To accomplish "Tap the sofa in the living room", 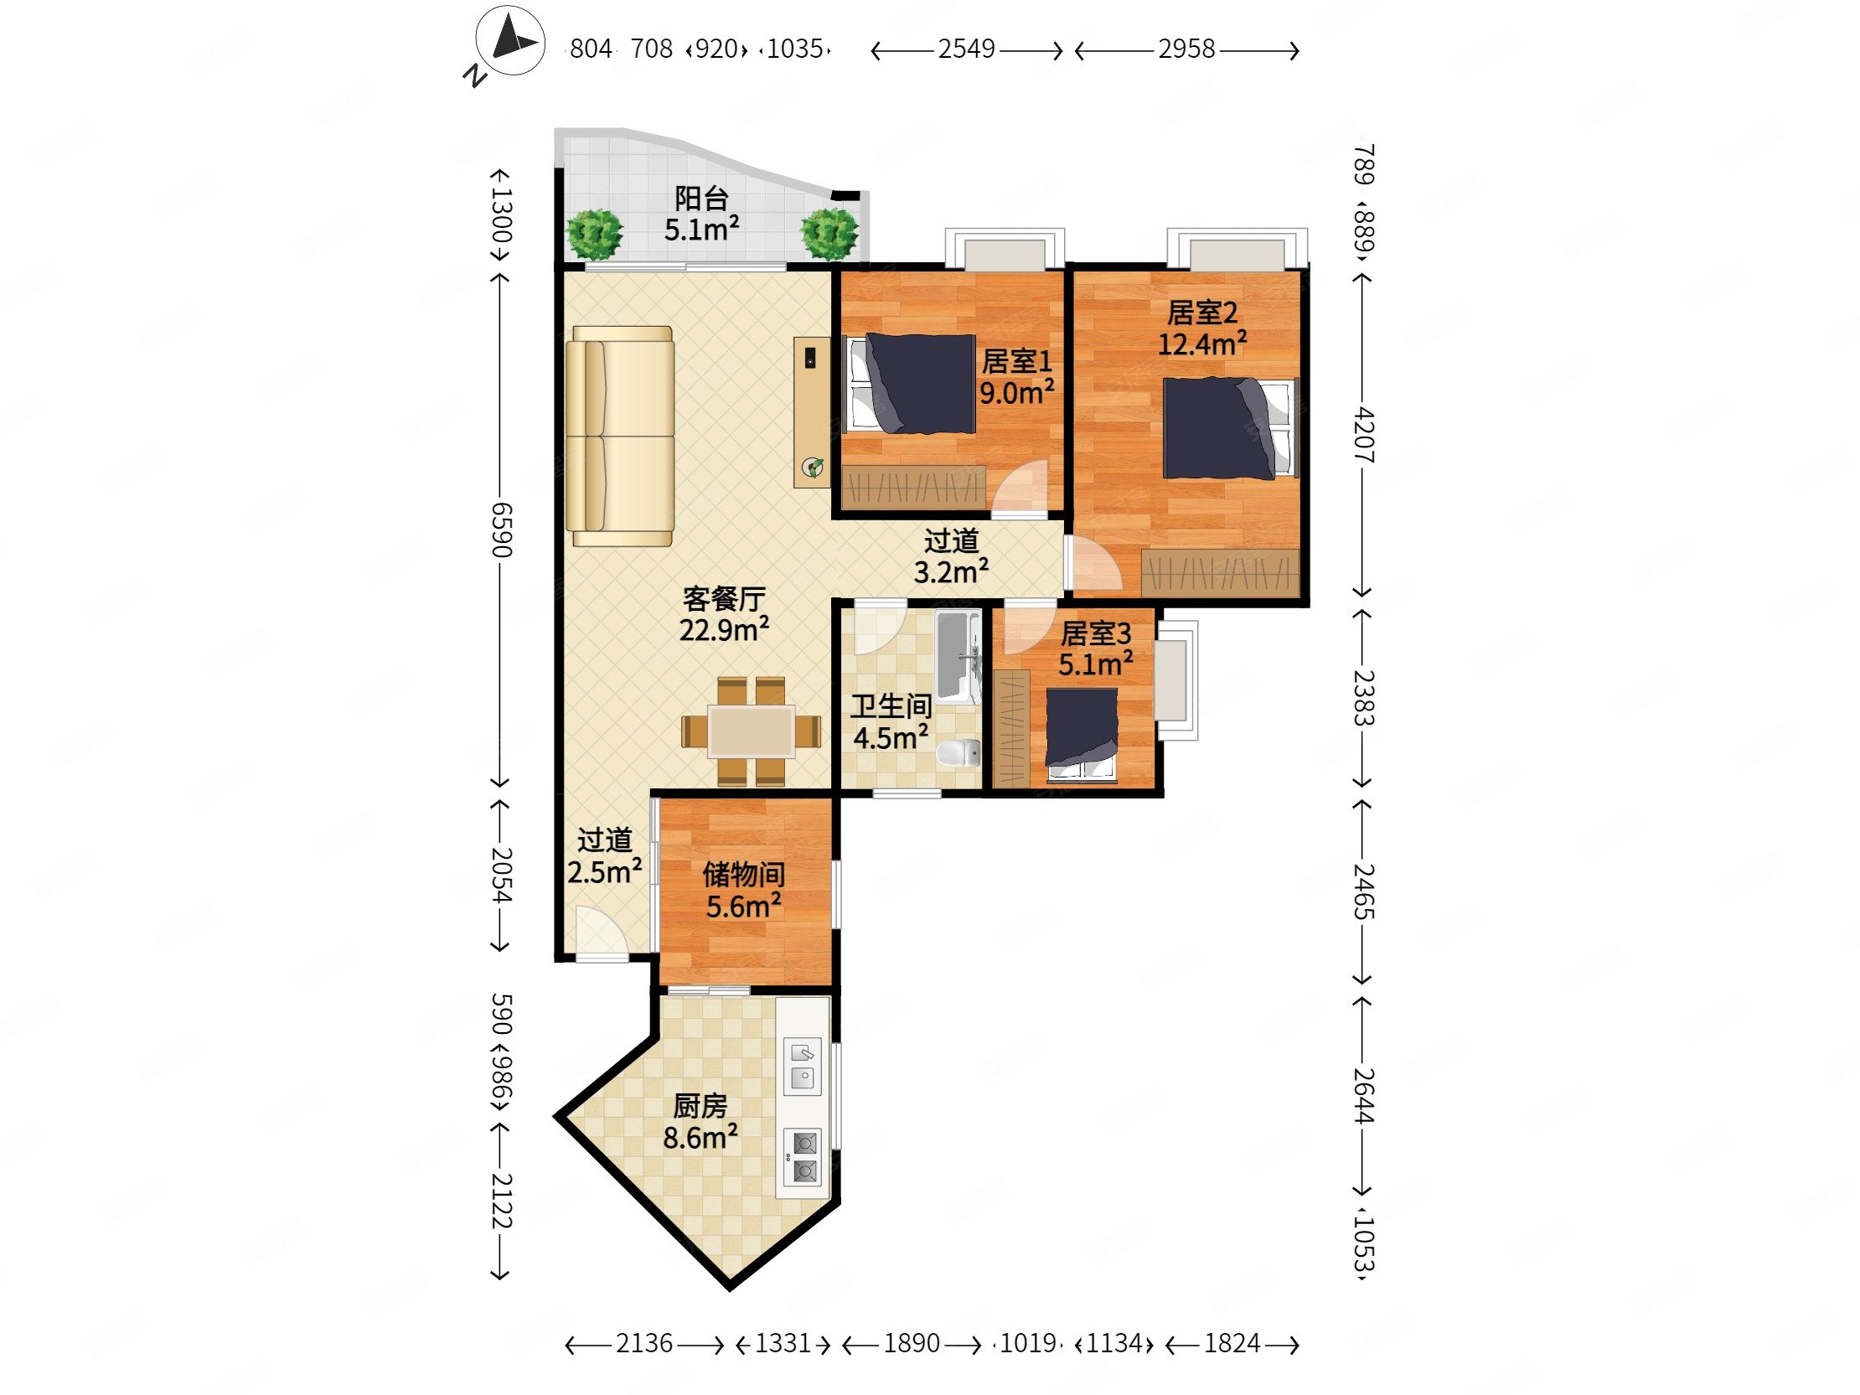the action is (x=621, y=437).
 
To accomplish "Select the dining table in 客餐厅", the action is (x=751, y=731).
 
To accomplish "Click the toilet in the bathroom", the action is (x=958, y=752).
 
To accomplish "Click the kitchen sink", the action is (x=802, y=1066).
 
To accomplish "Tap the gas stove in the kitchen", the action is (x=803, y=1157).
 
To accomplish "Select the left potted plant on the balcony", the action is (x=595, y=235).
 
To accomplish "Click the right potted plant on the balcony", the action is (x=829, y=234).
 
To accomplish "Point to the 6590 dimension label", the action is (x=501, y=530).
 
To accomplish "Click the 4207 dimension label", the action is (x=1364, y=435).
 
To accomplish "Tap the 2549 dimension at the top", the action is (x=967, y=49).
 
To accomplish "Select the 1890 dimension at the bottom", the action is (x=912, y=1343).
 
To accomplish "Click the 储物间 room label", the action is (x=744, y=875).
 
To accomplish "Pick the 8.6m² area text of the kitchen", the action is (x=700, y=1138).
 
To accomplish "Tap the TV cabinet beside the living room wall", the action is (x=812, y=413).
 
